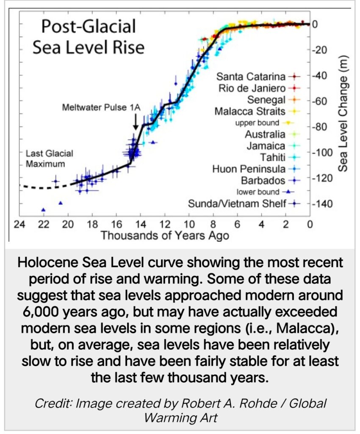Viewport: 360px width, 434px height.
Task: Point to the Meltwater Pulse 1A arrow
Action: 135,122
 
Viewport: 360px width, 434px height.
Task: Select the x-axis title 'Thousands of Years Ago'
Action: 165,235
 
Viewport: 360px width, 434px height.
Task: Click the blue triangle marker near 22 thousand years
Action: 43,209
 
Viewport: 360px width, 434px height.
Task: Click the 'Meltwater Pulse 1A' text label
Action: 101,107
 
